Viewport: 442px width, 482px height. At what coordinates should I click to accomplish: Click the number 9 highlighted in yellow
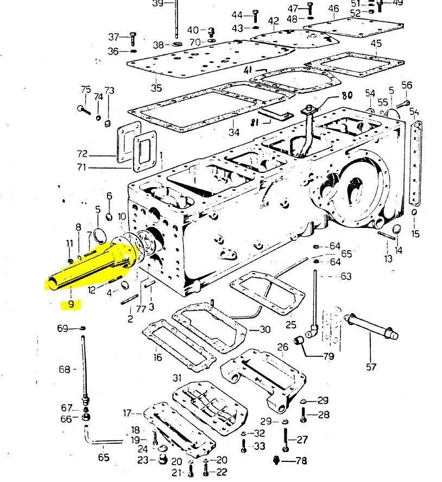(x=71, y=304)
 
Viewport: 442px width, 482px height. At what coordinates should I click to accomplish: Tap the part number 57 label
(x=371, y=367)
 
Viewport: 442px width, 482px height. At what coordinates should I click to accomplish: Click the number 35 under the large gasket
(x=156, y=88)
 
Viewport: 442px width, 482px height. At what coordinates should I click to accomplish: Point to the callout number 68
(x=65, y=369)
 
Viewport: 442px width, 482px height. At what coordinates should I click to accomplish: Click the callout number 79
(x=329, y=356)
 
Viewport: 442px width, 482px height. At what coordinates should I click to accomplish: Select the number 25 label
(x=291, y=325)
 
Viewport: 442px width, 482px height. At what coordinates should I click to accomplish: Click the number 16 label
(x=157, y=357)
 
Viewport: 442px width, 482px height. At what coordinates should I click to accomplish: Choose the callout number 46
(x=333, y=9)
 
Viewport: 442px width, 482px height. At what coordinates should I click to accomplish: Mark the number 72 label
(x=82, y=154)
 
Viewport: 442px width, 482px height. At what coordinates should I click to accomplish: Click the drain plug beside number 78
(x=277, y=460)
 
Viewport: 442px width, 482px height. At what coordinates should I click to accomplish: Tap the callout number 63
(x=346, y=276)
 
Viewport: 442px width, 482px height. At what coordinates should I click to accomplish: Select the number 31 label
(x=177, y=378)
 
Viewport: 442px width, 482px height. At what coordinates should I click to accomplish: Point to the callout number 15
(x=415, y=234)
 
